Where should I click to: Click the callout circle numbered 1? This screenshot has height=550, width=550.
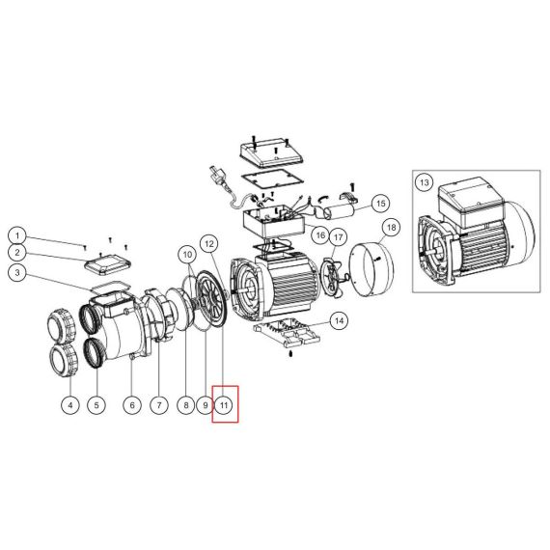(17, 235)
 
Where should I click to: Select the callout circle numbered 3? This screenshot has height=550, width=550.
(17, 273)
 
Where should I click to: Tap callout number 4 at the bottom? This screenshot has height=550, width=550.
(70, 405)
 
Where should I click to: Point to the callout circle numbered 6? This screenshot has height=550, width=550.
(132, 405)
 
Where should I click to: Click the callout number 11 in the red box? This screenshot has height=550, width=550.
(224, 405)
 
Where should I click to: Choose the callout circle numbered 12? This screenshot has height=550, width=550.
(209, 243)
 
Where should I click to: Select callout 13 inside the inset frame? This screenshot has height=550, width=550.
(424, 182)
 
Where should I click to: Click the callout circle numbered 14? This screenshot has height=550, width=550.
(340, 320)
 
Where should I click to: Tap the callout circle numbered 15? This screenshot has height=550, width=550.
(380, 204)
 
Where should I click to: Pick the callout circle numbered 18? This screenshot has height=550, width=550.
(391, 228)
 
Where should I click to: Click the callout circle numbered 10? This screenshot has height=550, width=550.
(187, 254)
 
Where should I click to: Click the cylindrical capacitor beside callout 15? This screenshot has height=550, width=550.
(341, 212)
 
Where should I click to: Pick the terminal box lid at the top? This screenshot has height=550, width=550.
(272, 152)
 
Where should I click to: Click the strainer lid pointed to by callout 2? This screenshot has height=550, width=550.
(108, 264)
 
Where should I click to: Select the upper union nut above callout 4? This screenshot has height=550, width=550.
(62, 324)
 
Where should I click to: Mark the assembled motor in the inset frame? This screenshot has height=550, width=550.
(477, 233)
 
